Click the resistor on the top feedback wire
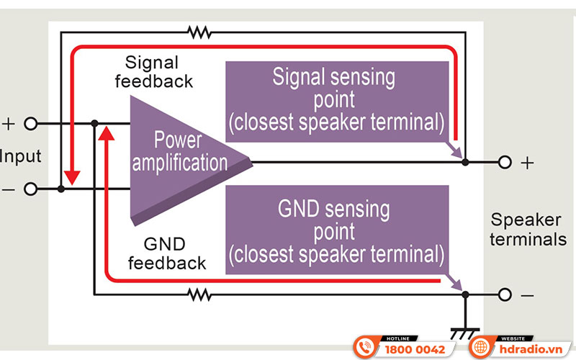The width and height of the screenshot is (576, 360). click(198, 32)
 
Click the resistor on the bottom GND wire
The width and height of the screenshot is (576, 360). click(198, 294)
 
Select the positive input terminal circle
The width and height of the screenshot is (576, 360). click(30, 123)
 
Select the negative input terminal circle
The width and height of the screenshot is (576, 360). click(30, 189)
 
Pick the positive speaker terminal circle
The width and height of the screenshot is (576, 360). click(505, 163)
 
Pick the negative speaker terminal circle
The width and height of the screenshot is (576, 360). click(505, 294)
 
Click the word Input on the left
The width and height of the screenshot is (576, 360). click(20, 156)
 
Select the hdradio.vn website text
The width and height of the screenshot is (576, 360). click(531, 349)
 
